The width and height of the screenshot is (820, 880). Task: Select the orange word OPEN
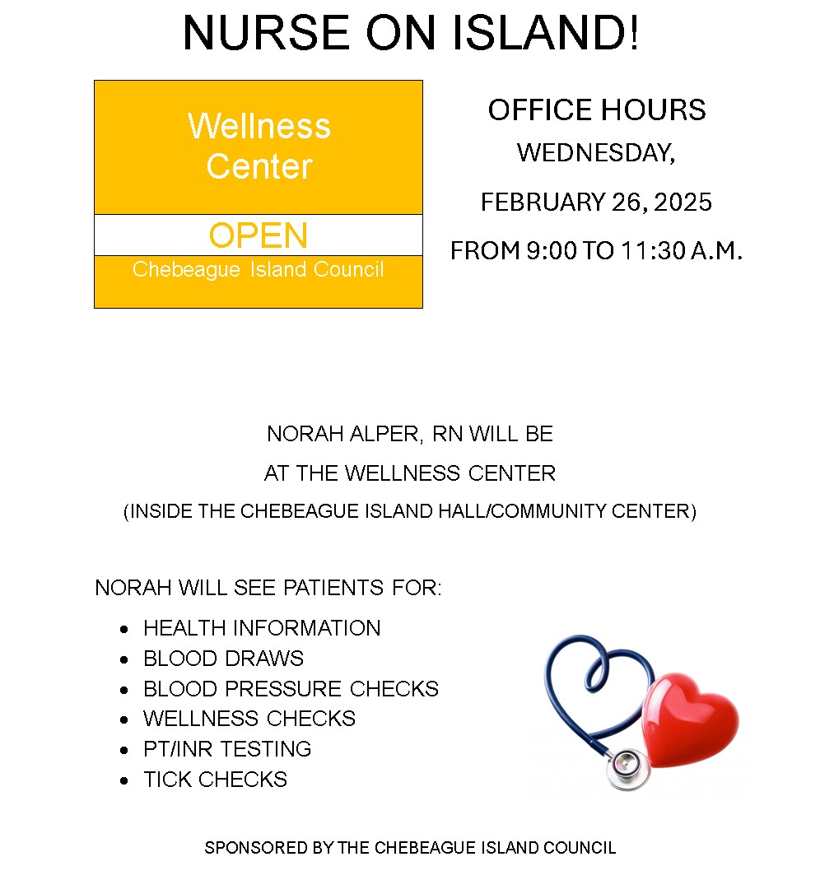click(259, 235)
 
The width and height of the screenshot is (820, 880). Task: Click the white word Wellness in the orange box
click(259, 126)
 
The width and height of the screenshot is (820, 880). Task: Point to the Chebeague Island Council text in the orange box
click(259, 270)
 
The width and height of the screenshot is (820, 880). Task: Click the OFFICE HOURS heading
click(597, 110)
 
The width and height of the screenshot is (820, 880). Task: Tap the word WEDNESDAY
click(595, 152)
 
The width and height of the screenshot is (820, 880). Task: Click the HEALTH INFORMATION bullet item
click(262, 628)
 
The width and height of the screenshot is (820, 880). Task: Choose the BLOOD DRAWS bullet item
click(223, 659)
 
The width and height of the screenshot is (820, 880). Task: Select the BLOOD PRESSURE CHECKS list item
click(291, 688)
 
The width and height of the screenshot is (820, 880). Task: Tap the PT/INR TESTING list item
click(227, 749)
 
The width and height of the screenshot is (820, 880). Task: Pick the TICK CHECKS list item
click(215, 780)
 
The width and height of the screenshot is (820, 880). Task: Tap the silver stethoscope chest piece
click(625, 768)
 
